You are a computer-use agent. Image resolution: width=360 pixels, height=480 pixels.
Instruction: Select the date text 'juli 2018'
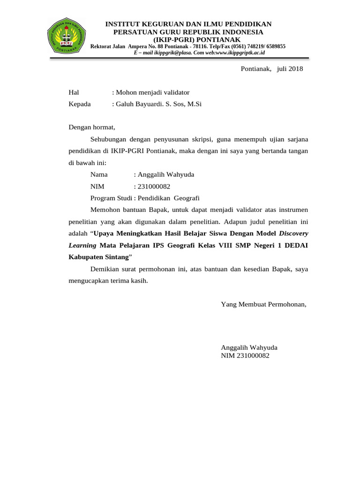[290, 69]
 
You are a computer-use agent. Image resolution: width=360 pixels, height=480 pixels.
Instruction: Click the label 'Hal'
[74, 92]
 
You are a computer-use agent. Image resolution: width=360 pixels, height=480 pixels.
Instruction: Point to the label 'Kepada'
[80, 104]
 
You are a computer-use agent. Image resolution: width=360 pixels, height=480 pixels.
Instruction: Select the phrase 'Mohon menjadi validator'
[152, 92]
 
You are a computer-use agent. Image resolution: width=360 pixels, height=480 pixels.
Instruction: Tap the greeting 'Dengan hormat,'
[92, 127]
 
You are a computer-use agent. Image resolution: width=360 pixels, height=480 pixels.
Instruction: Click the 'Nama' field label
[99, 174]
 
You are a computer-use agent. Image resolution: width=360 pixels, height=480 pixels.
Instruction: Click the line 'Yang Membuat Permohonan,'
[263, 304]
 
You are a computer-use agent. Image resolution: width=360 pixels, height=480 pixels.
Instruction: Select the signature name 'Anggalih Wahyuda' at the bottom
[249, 347]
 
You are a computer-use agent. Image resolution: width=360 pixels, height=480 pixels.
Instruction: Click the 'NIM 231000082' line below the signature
[245, 356]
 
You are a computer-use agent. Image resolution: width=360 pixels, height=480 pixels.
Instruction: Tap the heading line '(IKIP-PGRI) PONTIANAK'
[187, 39]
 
